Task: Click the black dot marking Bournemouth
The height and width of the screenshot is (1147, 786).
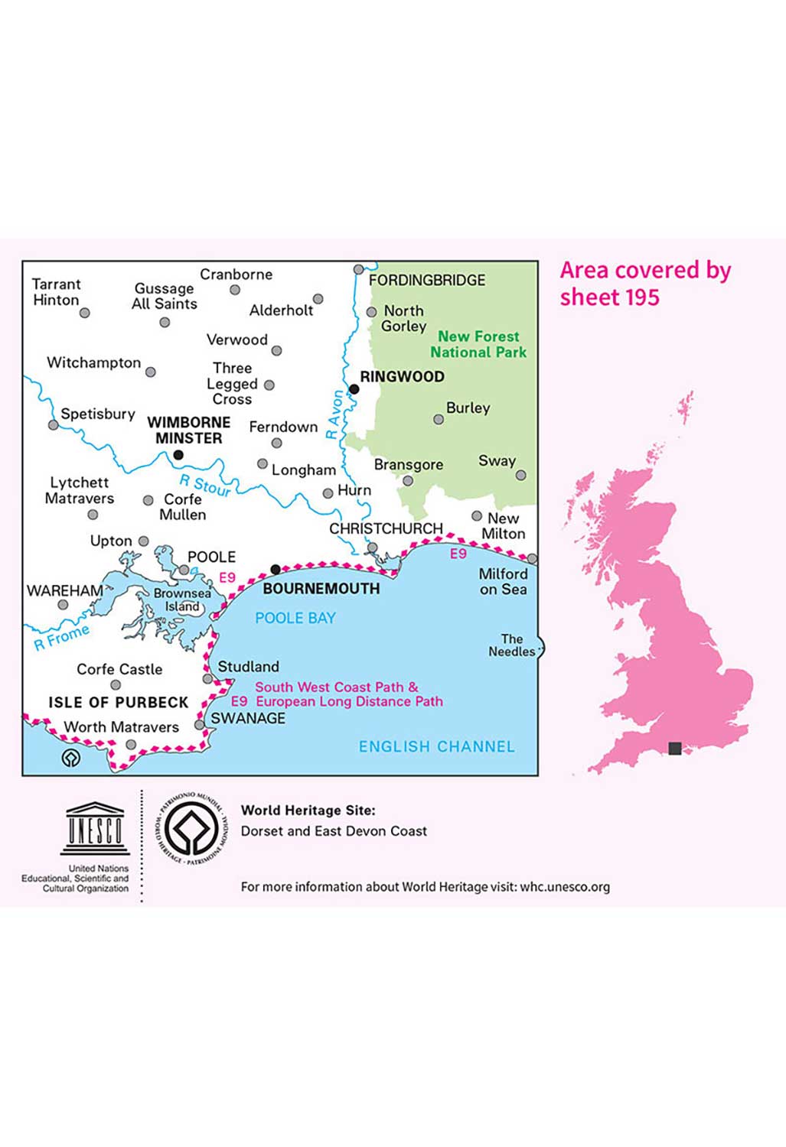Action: pyautogui.click(x=276, y=570)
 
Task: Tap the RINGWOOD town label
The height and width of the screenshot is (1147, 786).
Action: pyautogui.click(x=402, y=376)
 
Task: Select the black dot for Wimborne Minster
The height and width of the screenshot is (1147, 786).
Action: pyautogui.click(x=178, y=455)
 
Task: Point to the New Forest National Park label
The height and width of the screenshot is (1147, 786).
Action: pyautogui.click(x=478, y=344)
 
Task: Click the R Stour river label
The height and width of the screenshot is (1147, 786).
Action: pyautogui.click(x=204, y=486)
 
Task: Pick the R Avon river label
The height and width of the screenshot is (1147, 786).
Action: pyautogui.click(x=334, y=414)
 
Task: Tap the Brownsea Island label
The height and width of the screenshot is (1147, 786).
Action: pyautogui.click(x=182, y=599)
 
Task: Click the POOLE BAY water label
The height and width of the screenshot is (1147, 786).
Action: pyautogui.click(x=295, y=618)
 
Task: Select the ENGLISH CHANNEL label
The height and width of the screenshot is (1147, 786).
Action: pyautogui.click(x=436, y=746)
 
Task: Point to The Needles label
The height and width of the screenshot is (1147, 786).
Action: pyautogui.click(x=511, y=645)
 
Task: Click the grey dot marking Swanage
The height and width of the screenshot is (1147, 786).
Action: pyautogui.click(x=200, y=724)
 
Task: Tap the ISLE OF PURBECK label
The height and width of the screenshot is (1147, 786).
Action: pyautogui.click(x=118, y=702)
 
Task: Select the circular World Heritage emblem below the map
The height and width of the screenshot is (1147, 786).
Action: pyautogui.click(x=193, y=829)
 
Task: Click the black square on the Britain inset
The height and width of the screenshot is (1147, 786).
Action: pyautogui.click(x=675, y=748)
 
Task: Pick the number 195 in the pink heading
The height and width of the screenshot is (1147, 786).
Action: pyautogui.click(x=640, y=297)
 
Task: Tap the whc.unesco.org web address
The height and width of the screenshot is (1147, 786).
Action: pyautogui.click(x=565, y=887)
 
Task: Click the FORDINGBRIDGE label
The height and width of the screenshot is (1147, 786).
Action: pyautogui.click(x=427, y=281)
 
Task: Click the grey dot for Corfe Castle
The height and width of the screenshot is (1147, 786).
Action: pyautogui.click(x=116, y=685)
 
